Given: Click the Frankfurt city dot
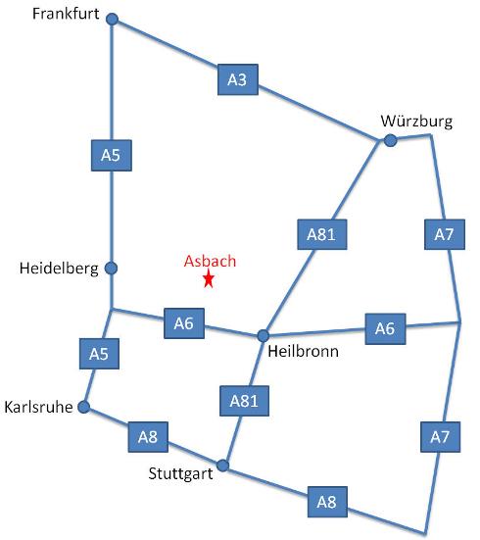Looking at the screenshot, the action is (112, 19).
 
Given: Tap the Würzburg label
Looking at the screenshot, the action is (416, 122).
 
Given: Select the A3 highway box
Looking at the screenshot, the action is (238, 79).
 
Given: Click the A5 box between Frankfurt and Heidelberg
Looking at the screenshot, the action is (112, 155).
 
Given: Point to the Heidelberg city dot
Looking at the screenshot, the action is (111, 268).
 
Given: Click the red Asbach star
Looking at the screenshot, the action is (209, 278).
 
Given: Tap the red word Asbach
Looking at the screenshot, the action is (210, 261).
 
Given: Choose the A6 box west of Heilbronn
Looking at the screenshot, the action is (184, 323).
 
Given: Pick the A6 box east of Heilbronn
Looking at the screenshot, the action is (385, 329).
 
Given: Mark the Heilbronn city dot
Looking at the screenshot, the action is (264, 335).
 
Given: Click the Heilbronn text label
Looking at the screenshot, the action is (303, 352).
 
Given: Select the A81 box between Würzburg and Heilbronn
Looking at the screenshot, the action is (322, 234).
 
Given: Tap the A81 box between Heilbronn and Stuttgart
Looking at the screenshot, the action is (245, 401).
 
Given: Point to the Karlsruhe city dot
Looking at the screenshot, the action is (84, 407).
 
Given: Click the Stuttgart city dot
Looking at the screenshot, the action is (222, 466).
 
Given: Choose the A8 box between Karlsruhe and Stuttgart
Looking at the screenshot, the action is (148, 437).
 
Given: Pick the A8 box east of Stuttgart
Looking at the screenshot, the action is (327, 502).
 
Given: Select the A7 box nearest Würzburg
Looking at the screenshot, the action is (445, 234).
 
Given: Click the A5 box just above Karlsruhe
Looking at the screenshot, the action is (99, 354).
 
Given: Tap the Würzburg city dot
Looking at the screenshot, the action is (390, 140).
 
